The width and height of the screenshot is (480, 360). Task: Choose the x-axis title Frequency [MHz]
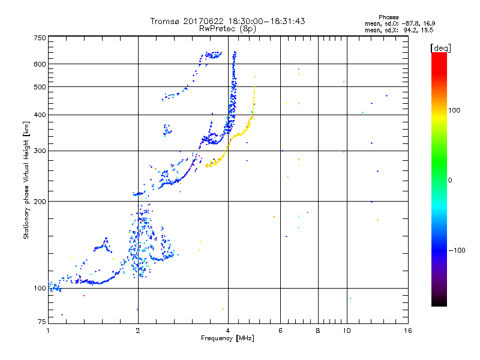tap(228, 338)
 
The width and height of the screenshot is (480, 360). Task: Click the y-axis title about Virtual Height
tap(26, 180)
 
